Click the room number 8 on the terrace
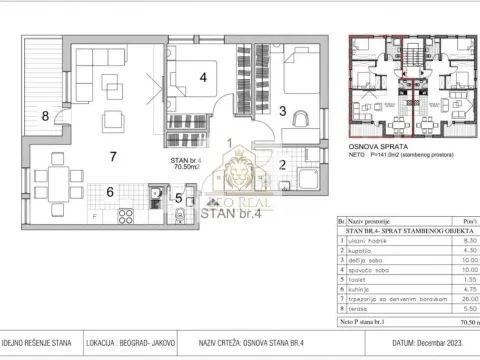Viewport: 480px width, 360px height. [45, 115]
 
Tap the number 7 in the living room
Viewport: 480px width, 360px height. [114, 156]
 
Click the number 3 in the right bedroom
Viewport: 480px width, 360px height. [283, 112]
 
